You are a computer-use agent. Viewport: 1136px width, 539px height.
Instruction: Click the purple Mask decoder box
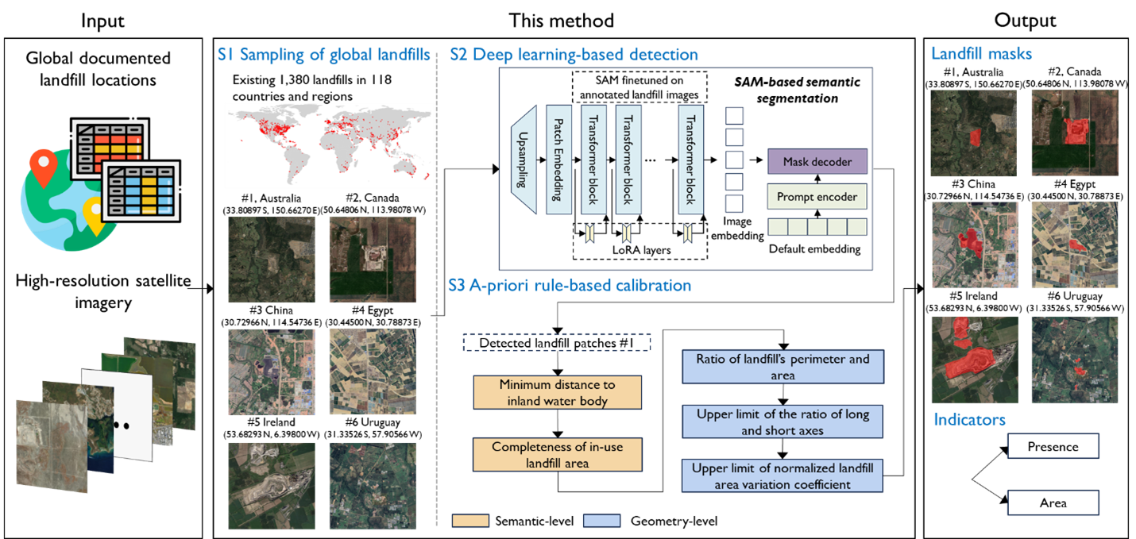click(x=817, y=162)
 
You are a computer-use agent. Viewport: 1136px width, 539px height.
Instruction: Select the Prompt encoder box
click(x=817, y=197)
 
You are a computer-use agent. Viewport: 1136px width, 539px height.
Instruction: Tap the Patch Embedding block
click(x=559, y=160)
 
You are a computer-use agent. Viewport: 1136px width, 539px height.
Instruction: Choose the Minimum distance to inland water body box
click(x=556, y=392)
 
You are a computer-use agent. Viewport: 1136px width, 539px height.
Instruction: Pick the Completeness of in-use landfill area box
click(x=556, y=455)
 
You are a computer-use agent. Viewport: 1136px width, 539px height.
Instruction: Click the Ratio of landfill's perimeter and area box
click(x=782, y=367)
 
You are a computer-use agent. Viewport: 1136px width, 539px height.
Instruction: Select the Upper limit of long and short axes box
click(x=782, y=422)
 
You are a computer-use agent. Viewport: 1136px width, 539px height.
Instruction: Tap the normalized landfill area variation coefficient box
click(x=782, y=476)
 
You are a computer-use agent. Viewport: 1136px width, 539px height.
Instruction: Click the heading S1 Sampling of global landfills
click(x=324, y=55)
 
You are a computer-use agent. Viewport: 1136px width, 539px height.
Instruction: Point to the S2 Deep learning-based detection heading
click(x=574, y=55)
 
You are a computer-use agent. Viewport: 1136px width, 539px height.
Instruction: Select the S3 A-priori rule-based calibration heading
click(x=569, y=285)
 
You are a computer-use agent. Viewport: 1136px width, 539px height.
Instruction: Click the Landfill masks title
click(x=981, y=54)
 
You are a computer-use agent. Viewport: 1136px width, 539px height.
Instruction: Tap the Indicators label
click(x=969, y=419)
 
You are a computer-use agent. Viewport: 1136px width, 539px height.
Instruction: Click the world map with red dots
click(x=329, y=145)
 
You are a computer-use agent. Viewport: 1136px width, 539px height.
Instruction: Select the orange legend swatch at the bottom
click(x=470, y=521)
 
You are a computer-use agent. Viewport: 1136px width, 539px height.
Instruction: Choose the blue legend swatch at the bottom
click(x=601, y=521)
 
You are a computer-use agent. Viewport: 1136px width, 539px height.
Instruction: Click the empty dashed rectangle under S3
click(x=556, y=342)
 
